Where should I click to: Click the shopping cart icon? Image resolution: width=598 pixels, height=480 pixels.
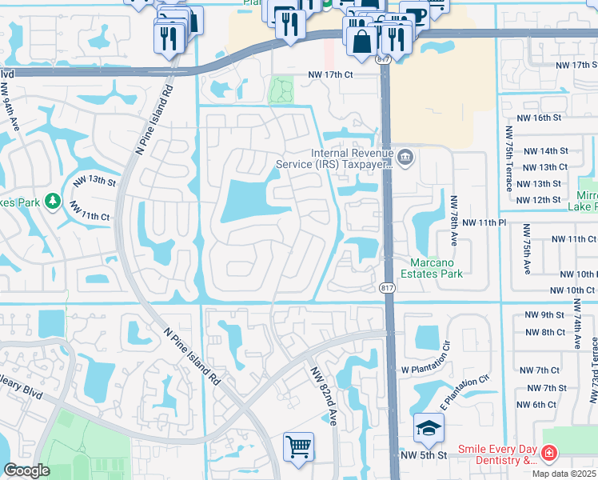[298, 447]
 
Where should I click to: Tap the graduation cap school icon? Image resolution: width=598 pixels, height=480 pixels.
[429, 428]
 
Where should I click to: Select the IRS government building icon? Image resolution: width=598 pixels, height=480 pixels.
[405, 157]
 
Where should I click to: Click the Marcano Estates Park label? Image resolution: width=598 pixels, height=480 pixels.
[437, 268]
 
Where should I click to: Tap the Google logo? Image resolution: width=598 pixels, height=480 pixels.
[26, 471]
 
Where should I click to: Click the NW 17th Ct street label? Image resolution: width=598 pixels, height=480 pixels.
[341, 76]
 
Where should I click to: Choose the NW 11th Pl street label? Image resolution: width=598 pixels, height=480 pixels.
[490, 222]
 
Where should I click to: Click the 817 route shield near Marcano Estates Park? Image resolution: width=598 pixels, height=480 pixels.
[386, 288]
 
